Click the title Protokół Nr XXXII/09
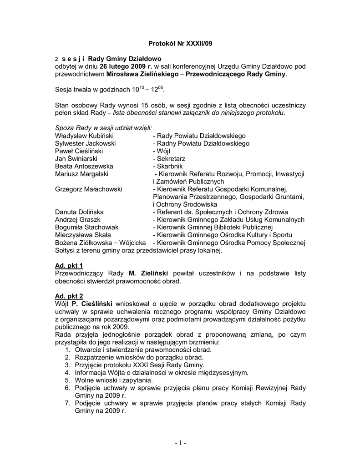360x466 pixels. pos(180,44)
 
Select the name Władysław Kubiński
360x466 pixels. pos(84,136)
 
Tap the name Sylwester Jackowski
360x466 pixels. pos(85,143)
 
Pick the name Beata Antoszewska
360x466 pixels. pos(84,166)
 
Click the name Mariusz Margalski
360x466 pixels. pos(81,174)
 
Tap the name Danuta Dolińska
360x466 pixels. pos(79,212)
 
